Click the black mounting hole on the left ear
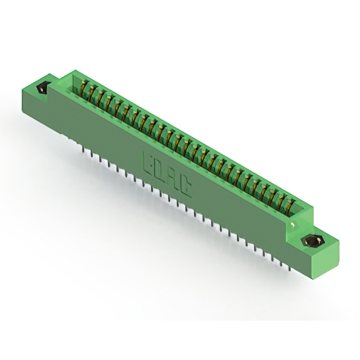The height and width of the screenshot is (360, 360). [x=42, y=88]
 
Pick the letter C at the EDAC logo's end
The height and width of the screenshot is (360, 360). [x=185, y=186]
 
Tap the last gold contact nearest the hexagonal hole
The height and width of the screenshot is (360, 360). [x=290, y=206]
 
